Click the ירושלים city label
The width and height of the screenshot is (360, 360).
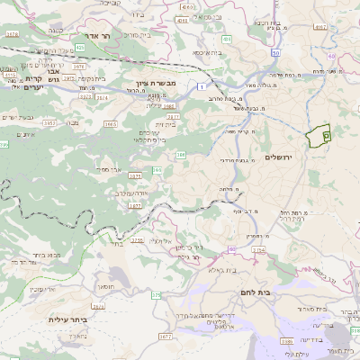[280, 157]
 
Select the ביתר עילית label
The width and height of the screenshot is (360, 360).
[68, 319]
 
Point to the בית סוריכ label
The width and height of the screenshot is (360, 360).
[139, 35]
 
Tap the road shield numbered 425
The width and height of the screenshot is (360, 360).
[80, 46]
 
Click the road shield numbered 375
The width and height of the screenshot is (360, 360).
[156, 294]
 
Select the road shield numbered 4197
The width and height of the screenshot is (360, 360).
[320, 27]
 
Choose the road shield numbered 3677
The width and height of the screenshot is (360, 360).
[165, 337]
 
